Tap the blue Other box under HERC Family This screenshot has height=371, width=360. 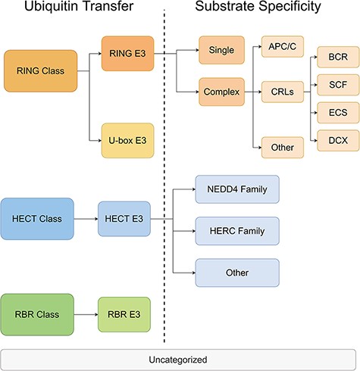click(237, 271)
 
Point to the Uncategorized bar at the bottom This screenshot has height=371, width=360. click(180, 359)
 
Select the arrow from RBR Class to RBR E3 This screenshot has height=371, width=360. click(86, 311)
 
